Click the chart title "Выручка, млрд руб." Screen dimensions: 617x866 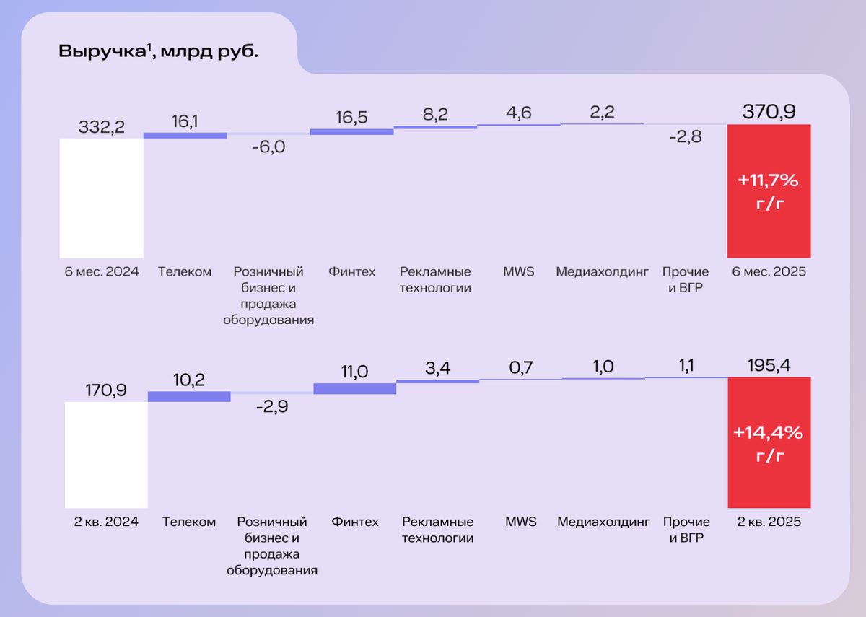click(x=158, y=52)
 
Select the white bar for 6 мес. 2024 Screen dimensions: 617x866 click(x=101, y=198)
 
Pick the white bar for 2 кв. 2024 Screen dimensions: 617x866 click(x=106, y=455)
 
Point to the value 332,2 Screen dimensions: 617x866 click(x=101, y=127)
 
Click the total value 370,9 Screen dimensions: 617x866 click(x=769, y=112)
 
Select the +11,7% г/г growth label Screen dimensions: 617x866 click(x=769, y=191)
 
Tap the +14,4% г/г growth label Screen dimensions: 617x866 click(x=769, y=444)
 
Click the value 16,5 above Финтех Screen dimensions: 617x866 click(x=352, y=118)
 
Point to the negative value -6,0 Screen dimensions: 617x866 click(x=268, y=147)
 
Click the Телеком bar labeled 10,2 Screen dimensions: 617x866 click(x=189, y=396)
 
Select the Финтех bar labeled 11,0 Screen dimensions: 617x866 click(x=355, y=388)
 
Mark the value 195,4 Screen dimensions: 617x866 click(x=769, y=365)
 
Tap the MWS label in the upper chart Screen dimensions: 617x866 click(x=519, y=272)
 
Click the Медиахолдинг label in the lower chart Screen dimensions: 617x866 click(x=603, y=522)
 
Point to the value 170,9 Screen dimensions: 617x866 click(x=106, y=390)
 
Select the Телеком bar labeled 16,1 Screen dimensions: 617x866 click(x=185, y=135)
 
